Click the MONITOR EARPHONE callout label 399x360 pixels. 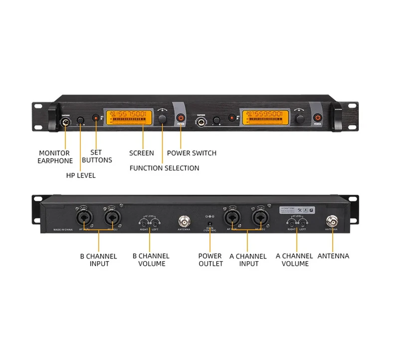[x=54, y=157]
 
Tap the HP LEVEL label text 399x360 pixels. [x=81, y=175]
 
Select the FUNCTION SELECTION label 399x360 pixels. [x=164, y=168]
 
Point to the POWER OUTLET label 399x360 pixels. [x=210, y=259]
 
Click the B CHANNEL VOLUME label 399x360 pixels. [x=151, y=259]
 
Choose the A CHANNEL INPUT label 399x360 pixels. [x=248, y=259]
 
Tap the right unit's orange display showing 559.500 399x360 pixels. [x=266, y=118]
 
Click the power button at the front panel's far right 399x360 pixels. [x=318, y=118]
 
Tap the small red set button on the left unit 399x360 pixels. [x=96, y=118]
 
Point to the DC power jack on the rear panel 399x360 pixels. [x=209, y=218]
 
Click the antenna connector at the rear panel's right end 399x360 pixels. [x=331, y=220]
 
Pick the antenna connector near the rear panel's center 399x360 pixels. [x=184, y=220]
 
